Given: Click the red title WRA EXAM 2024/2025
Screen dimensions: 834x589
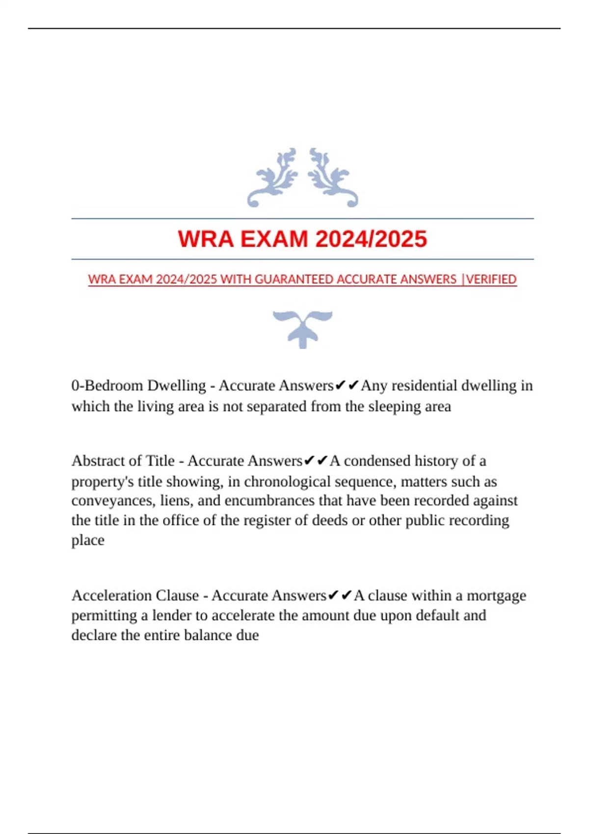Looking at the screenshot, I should (302, 239).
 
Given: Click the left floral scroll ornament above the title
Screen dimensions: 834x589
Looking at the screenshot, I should (273, 177).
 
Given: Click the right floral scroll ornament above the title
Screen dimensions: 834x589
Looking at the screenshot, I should (333, 177).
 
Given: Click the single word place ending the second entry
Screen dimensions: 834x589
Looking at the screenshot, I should (88, 540).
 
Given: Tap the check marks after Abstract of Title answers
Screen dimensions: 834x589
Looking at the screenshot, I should (316, 461).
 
